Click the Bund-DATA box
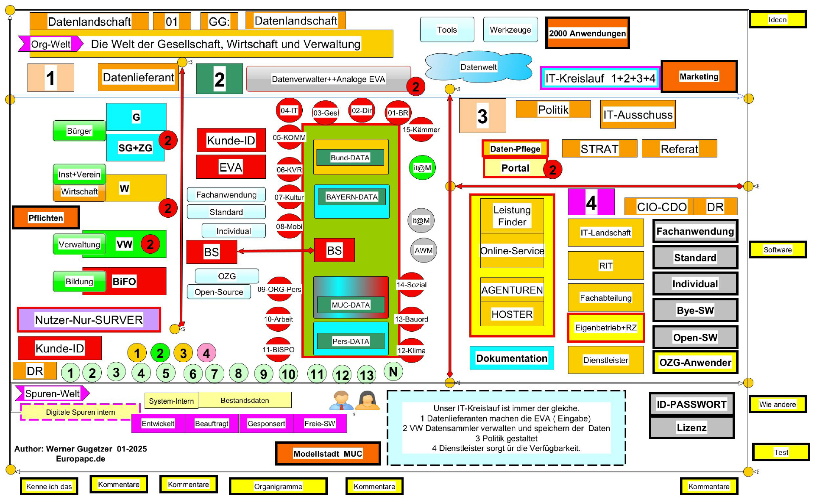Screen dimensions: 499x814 point(350,158)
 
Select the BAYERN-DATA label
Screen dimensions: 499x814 point(351,197)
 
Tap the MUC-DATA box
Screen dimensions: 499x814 point(351,305)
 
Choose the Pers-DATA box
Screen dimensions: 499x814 point(351,341)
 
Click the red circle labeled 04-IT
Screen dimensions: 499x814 point(289,111)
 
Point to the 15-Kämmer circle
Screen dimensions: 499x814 point(421,130)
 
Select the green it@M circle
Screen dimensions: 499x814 point(422,168)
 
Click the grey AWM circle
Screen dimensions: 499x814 point(424,250)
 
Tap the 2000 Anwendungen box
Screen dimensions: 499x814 point(587,33)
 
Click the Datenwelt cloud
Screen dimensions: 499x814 point(478,67)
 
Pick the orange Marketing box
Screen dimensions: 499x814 point(699,76)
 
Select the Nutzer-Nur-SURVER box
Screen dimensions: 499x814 point(89,320)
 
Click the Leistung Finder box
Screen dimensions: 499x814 point(512,216)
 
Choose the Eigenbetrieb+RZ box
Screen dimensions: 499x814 point(605,327)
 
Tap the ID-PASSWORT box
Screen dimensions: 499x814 point(691,404)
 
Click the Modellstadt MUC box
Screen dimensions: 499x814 point(328,454)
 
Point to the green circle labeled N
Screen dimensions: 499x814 point(393,371)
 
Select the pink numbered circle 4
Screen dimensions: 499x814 point(206,353)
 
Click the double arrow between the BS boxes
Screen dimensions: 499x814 point(276,251)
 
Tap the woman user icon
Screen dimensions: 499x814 point(367,400)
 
